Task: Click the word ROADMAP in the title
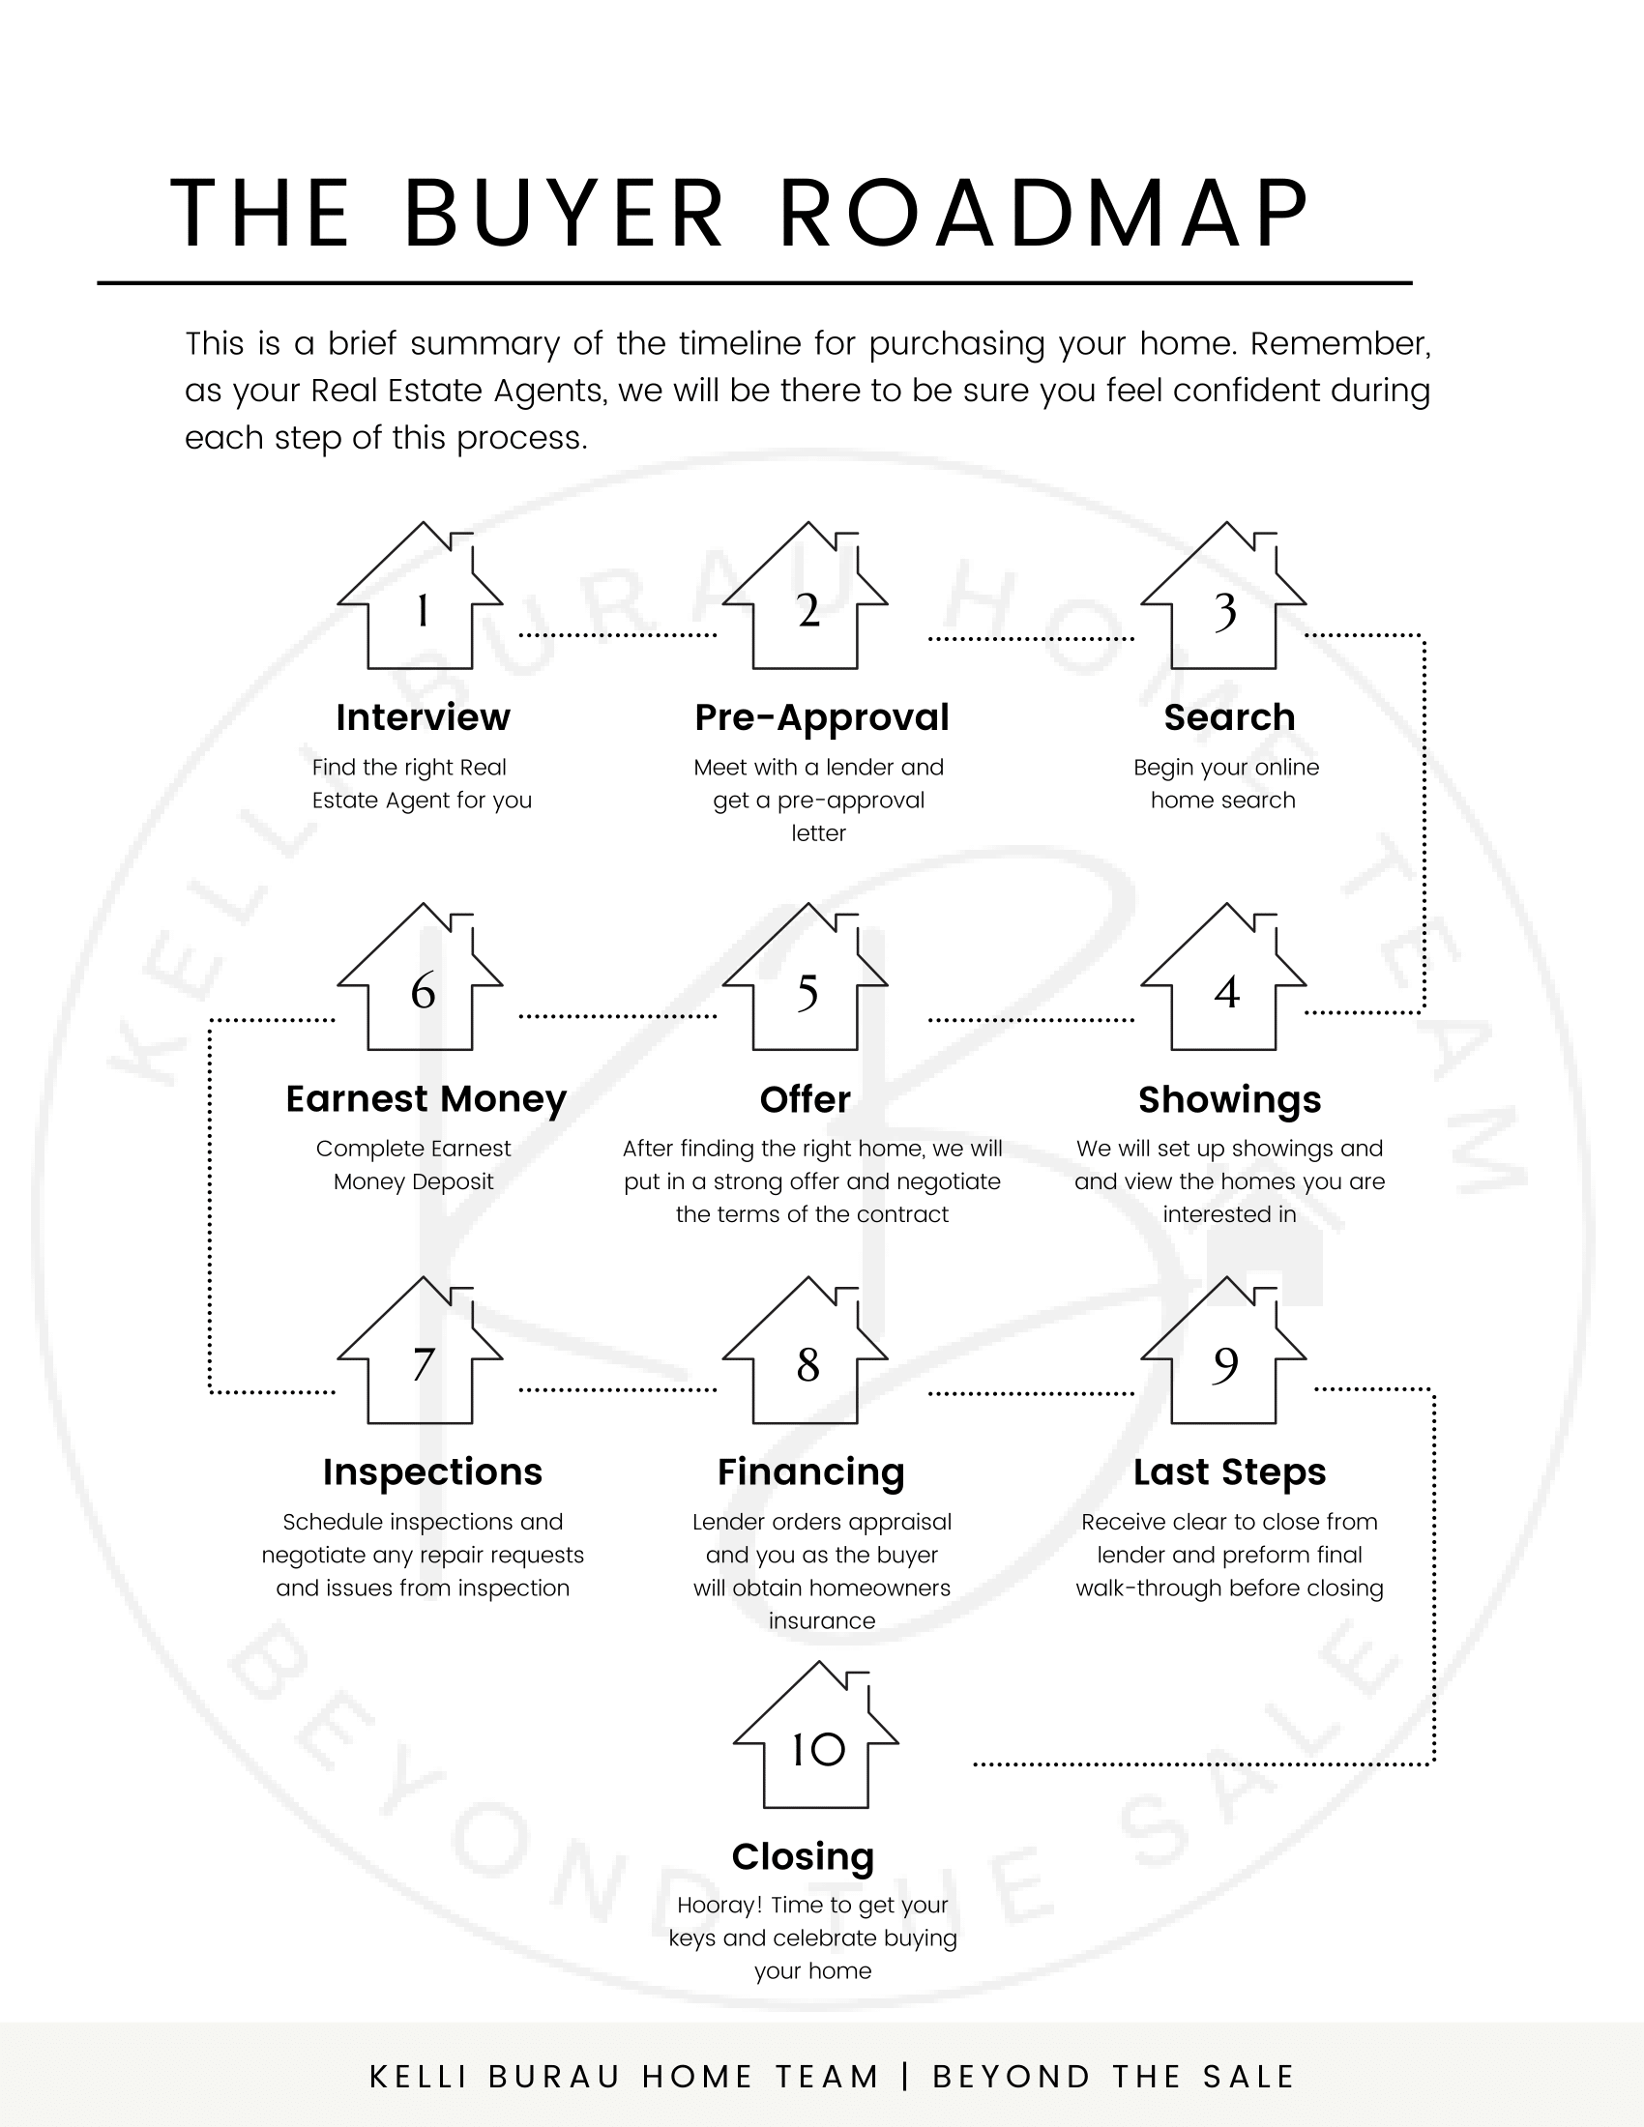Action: (x=1044, y=214)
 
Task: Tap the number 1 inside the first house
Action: (x=422, y=612)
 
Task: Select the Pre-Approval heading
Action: (x=821, y=717)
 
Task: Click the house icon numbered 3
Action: (x=1223, y=595)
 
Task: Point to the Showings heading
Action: (x=1229, y=1099)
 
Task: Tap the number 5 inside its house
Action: (x=807, y=993)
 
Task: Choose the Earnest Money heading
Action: (x=426, y=1099)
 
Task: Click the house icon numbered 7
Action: (x=420, y=1350)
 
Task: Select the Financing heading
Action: (x=811, y=1472)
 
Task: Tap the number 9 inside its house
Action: (x=1225, y=1365)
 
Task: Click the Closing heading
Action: (x=803, y=1857)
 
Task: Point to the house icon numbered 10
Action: (x=815, y=1734)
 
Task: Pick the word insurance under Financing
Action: (x=822, y=1620)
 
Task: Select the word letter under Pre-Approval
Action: (x=818, y=832)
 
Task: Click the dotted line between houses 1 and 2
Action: (x=618, y=635)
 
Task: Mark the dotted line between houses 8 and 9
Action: (x=1032, y=1393)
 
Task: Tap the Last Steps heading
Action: (x=1229, y=1472)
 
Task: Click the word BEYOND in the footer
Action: (x=1011, y=2077)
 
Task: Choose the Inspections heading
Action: (x=432, y=1472)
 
